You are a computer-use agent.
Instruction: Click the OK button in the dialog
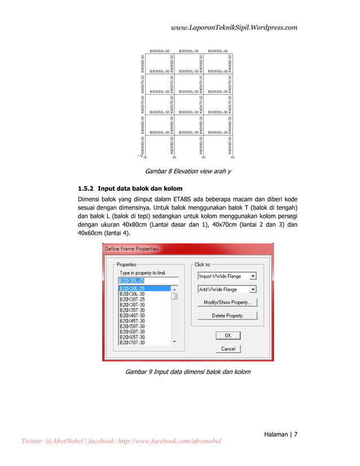coord(228,335)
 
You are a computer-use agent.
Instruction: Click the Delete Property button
coord(227,316)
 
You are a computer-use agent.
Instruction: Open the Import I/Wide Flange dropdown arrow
coord(252,276)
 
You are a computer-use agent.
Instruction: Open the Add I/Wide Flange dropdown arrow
coord(252,289)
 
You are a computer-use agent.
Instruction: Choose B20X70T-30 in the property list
coord(131,342)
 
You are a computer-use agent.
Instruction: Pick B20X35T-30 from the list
coord(131,310)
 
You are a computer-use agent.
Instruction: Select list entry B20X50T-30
coord(131,326)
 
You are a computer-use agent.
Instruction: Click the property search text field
coord(148,280)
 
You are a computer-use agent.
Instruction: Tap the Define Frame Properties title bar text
coord(131,249)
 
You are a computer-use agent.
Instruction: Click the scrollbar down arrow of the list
coord(174,341)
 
